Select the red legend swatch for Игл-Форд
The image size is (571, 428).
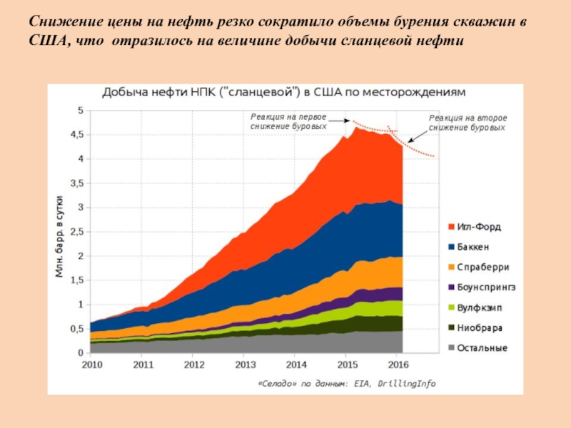pos(452,228)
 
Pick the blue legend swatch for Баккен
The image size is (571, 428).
pos(452,248)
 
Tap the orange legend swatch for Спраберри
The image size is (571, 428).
pos(452,267)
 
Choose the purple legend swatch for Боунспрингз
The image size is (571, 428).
pos(452,287)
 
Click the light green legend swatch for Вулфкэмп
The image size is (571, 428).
pos(452,308)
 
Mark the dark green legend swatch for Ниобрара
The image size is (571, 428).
pos(452,328)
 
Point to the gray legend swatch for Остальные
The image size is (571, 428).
pos(452,348)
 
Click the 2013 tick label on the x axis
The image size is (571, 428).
pos(244,365)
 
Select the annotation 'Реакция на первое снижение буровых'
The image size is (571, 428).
pos(288,121)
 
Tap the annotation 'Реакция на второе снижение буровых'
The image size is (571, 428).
pos(467,123)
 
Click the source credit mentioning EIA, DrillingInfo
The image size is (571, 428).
pos(345,384)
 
